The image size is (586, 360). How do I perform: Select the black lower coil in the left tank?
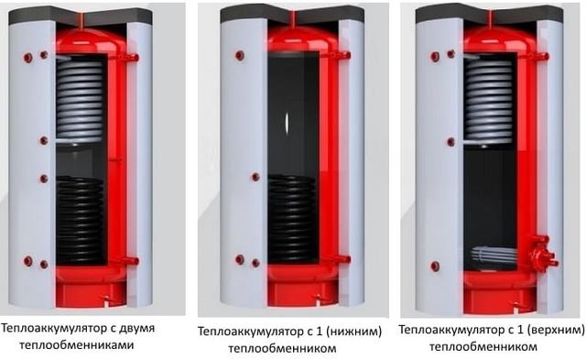point(80,220)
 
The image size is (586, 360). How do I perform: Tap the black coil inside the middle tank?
point(291,218)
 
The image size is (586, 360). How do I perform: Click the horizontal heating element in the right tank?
point(494,255)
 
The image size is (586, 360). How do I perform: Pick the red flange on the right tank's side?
point(542,254)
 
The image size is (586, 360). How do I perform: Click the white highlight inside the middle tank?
point(287,123)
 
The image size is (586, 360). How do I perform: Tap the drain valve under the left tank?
point(106,299)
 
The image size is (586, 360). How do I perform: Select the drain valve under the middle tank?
point(319,298)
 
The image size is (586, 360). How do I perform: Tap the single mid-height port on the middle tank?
point(255,177)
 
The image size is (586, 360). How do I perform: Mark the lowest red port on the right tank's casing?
point(435,267)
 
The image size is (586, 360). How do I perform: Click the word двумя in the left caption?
point(136,330)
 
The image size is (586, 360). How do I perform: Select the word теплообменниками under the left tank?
point(77,344)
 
